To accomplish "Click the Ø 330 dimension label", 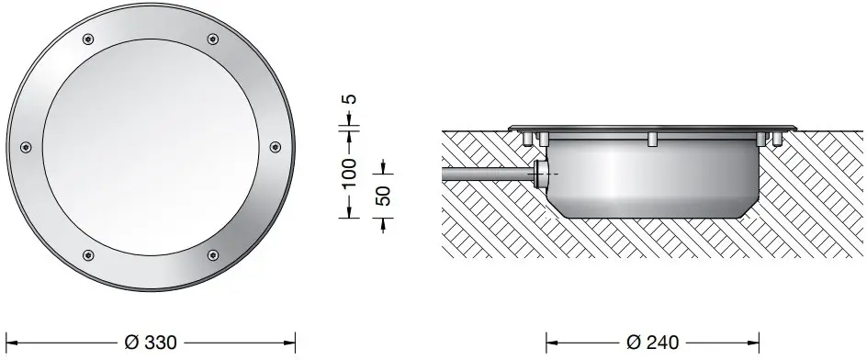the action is (151, 343).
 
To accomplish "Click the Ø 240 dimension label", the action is (652, 343).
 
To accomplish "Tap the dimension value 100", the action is (349, 173).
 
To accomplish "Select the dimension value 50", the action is (383, 196).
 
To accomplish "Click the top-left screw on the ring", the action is (88, 39).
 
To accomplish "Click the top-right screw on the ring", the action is (213, 39).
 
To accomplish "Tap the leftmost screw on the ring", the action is (26, 147).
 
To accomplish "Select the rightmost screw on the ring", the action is (276, 147).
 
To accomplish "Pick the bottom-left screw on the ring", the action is (88, 255).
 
